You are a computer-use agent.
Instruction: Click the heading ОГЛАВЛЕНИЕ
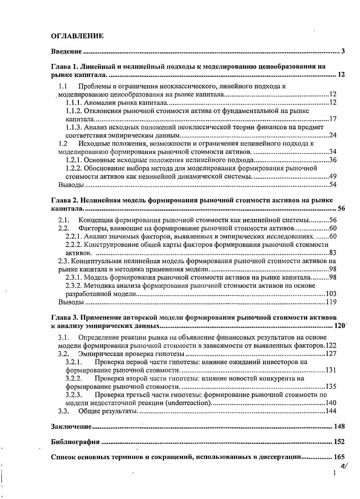[77, 36]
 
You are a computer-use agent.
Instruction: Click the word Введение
[66, 51]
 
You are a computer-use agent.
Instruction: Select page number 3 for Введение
[343, 51]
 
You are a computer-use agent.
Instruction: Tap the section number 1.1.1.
[74, 103]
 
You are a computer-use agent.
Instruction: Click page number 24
[333, 135]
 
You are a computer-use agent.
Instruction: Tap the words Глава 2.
[64, 200]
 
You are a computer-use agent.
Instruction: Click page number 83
[333, 253]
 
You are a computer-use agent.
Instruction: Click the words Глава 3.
[64, 317]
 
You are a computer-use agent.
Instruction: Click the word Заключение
[72, 426]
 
